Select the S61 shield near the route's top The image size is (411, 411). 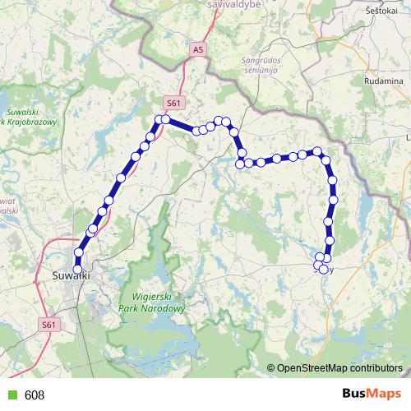click(173, 103)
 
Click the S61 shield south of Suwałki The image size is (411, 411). click(49, 326)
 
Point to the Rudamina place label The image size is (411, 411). click(385, 82)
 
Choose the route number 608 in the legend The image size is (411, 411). click(35, 395)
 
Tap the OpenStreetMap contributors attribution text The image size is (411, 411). click(339, 368)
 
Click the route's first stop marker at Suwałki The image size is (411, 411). click(78, 269)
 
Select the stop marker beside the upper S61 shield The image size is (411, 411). click(165, 119)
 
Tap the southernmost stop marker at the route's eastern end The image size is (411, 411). click(323, 270)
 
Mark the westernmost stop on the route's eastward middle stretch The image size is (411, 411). click(240, 164)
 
